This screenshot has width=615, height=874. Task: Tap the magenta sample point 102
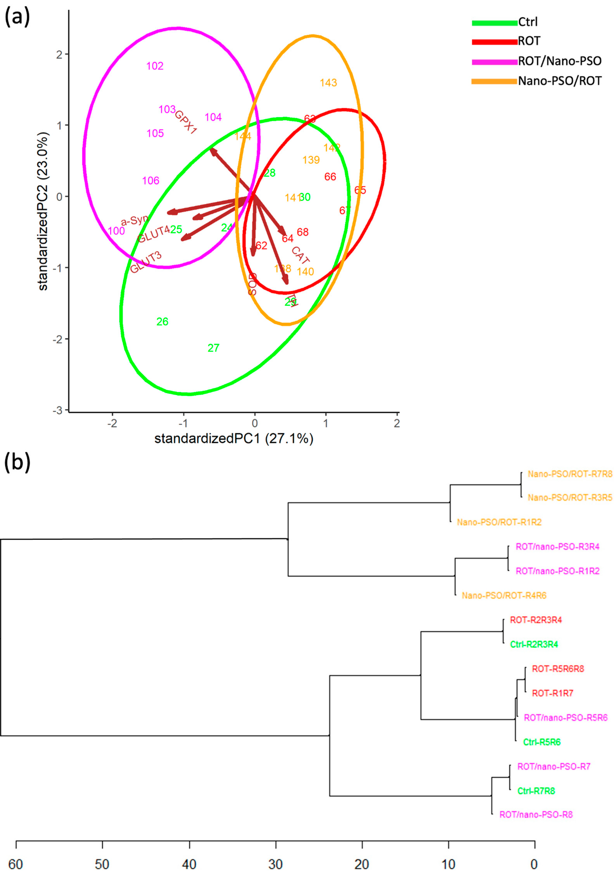[x=155, y=66]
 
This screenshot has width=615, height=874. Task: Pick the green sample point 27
[x=213, y=348]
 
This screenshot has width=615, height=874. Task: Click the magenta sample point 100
[x=116, y=231]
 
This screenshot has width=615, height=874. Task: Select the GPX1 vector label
[x=186, y=122]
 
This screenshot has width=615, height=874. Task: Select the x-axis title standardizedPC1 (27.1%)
[x=234, y=439]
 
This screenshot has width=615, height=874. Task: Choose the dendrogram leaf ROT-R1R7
[x=552, y=693]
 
